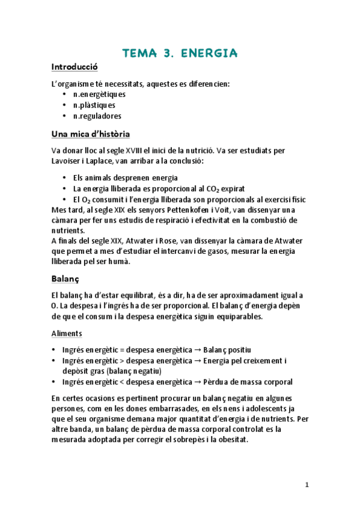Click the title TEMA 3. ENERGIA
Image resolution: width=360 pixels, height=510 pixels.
180,53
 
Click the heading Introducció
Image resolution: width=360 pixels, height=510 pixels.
75,67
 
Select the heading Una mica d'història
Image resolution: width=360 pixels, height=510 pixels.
91,133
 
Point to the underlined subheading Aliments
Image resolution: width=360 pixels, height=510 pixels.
67,334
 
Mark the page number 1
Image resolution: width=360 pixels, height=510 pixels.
307,484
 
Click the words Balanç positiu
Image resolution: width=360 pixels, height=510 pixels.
227,350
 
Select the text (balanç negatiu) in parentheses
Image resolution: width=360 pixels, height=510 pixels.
135,371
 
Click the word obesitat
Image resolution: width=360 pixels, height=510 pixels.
228,440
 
